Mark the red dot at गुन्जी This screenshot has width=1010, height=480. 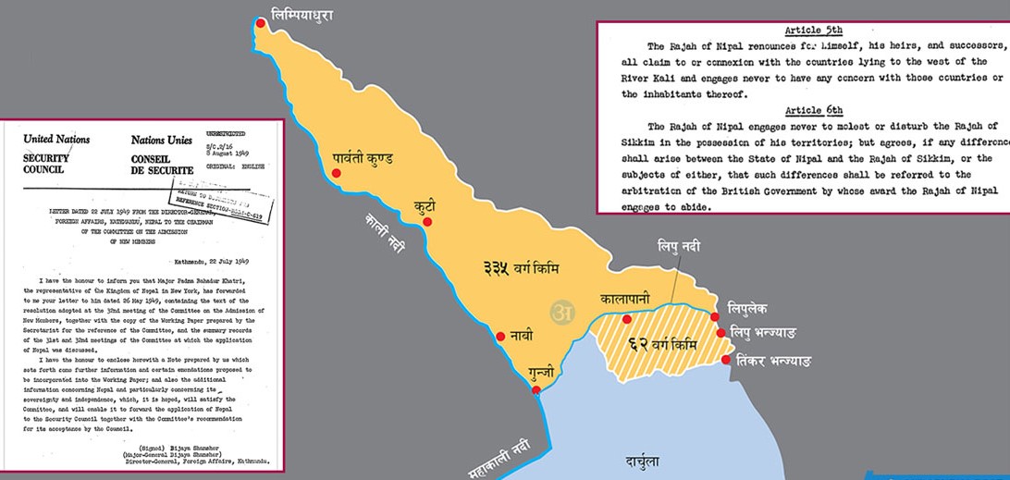tap(537, 390)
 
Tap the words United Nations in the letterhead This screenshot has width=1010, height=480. tap(56, 139)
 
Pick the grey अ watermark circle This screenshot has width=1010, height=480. tap(560, 312)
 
